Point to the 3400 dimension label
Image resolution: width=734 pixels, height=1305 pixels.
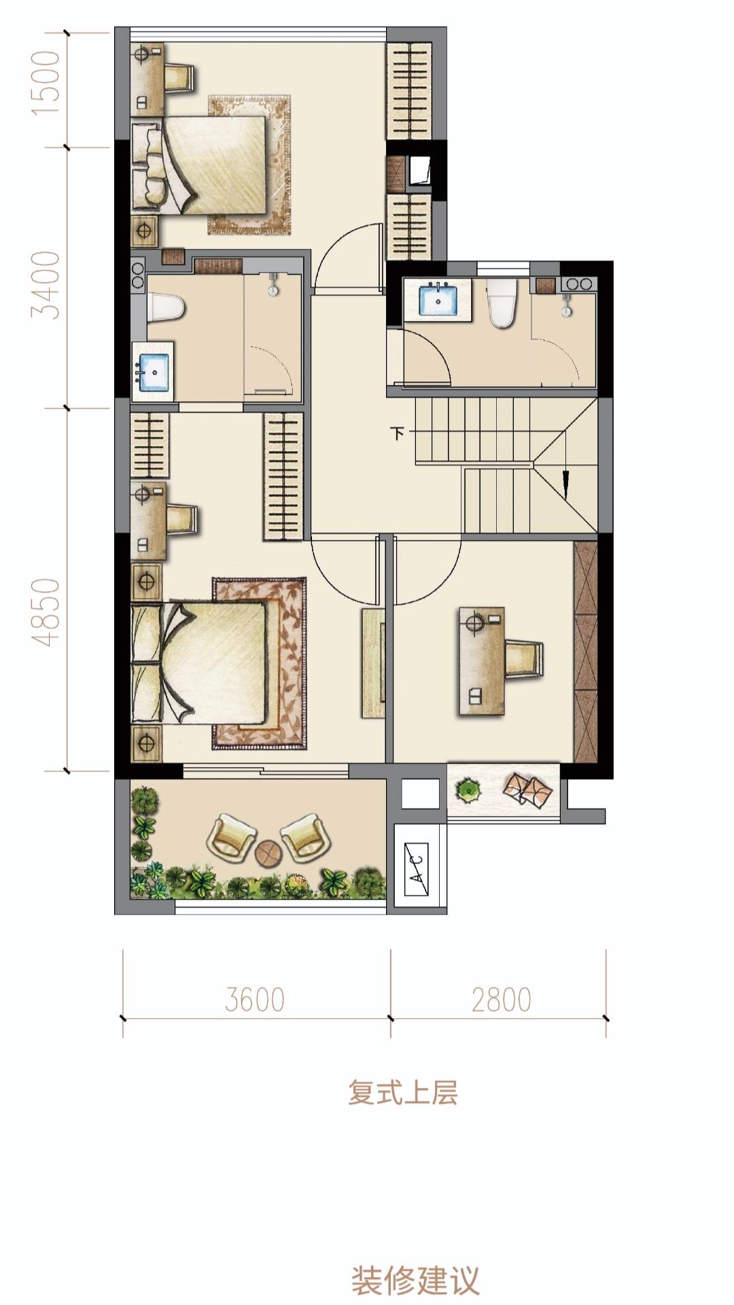coord(49,285)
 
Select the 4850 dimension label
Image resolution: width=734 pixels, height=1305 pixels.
coord(49,612)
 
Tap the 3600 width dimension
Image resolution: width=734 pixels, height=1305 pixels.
coord(255,1000)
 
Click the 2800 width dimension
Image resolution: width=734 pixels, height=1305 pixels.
coord(502,1000)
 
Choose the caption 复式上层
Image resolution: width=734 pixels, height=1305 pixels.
coord(403,1092)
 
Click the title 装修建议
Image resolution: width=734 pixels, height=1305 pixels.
coord(415,1280)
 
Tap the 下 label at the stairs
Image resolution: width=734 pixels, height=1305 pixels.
coord(398,433)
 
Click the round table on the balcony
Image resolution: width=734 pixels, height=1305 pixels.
coord(268,851)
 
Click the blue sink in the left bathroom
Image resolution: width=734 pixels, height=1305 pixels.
coord(153,372)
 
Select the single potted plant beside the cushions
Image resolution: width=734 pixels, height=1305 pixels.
coord(468,790)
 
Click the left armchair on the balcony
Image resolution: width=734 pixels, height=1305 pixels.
coord(232,837)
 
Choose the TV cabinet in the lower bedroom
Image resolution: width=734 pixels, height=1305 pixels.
coord(373,663)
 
